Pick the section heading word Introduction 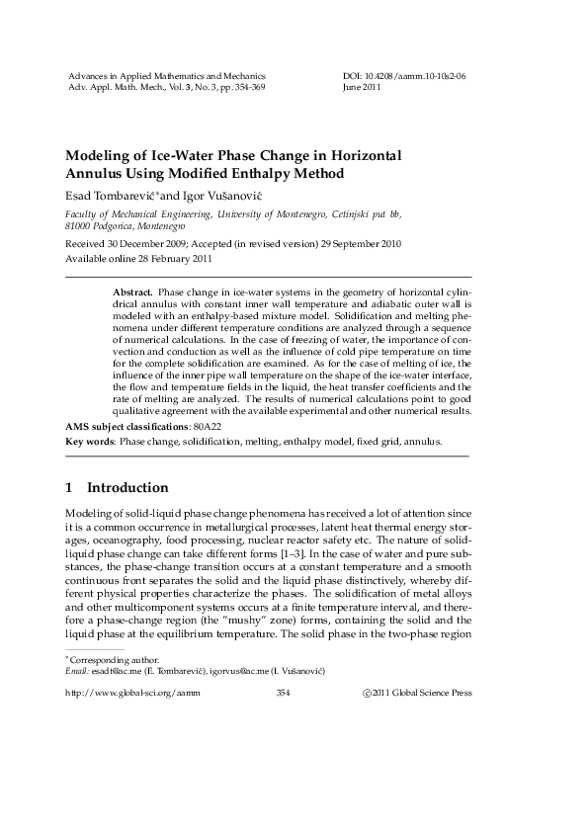coord(127,488)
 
